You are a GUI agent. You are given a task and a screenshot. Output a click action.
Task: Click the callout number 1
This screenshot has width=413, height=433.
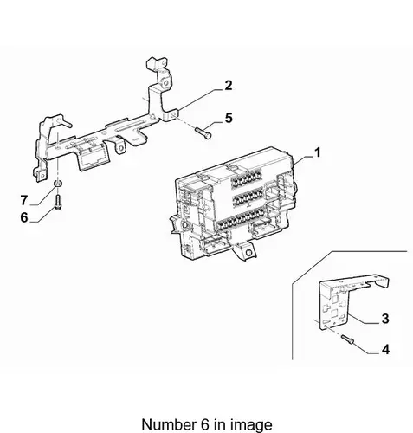(318, 152)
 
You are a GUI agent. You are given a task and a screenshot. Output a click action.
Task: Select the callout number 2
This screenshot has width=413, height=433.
(229, 86)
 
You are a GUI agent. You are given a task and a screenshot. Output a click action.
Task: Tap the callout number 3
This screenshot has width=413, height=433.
(385, 319)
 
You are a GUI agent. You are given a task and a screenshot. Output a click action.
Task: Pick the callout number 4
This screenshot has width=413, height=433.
(385, 350)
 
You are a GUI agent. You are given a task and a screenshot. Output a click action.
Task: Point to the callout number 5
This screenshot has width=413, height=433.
(229, 118)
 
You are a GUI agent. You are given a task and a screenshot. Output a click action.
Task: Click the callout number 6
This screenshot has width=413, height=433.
(24, 217)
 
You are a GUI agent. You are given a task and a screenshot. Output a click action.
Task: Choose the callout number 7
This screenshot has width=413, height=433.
(24, 200)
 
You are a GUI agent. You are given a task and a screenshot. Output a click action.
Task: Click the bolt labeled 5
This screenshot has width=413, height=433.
(203, 132)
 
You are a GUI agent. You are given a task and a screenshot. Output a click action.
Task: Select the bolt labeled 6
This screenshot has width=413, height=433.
(58, 202)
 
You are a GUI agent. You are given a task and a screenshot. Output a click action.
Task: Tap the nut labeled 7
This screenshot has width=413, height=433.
(58, 184)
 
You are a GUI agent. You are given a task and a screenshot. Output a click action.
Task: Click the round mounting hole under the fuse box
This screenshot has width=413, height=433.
(248, 253)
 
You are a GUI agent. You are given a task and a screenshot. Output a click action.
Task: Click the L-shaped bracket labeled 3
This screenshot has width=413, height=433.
(346, 301)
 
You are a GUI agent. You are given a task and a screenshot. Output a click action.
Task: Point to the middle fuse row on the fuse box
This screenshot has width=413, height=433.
(247, 197)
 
